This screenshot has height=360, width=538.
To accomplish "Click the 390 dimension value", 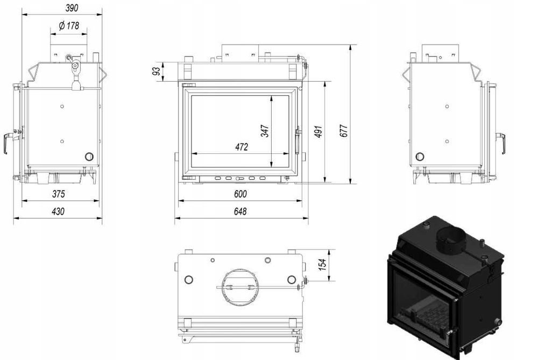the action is [x=72, y=8].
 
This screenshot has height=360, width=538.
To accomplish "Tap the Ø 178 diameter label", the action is [x=69, y=26].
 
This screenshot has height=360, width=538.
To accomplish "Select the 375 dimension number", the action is [x=58, y=194].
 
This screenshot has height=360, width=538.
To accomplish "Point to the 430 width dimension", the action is [x=58, y=211].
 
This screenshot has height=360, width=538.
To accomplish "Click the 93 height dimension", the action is [x=156, y=72].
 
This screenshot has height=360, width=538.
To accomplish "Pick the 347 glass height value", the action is [x=265, y=131].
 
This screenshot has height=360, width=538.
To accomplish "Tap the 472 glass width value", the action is [x=242, y=147].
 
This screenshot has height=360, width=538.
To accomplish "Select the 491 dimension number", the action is [x=318, y=131].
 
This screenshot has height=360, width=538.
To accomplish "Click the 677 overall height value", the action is [x=344, y=131].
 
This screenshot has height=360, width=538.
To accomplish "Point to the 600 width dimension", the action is [x=240, y=194].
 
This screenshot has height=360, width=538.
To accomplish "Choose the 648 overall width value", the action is [x=240, y=211].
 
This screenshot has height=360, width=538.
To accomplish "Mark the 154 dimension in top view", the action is [x=322, y=265].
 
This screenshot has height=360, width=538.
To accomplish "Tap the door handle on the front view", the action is [x=298, y=140].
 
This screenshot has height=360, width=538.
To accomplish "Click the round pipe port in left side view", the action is [x=89, y=157].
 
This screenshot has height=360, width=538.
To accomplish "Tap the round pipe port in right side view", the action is [x=420, y=157].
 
